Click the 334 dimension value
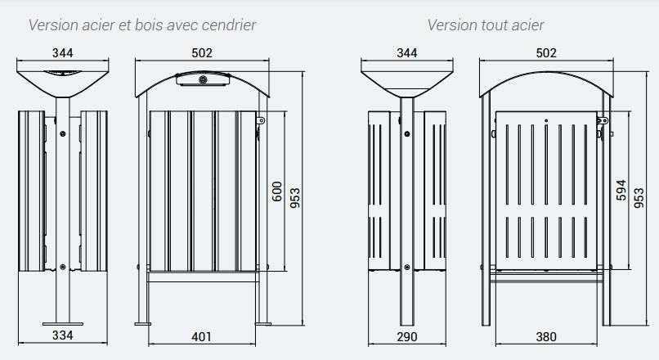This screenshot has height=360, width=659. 63,335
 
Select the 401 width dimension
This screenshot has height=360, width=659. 201,337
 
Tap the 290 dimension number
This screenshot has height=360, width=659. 407,337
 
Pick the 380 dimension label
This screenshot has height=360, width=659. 546,337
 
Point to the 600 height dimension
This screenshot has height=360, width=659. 277,191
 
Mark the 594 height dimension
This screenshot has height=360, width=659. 621,190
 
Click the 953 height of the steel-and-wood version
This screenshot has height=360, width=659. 295,198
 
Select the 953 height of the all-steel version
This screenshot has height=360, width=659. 639,198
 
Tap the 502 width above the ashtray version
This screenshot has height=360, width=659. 202,53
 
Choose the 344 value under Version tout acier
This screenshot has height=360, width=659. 407,53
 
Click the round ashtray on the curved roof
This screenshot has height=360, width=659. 203,79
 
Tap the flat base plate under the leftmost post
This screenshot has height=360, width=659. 63,324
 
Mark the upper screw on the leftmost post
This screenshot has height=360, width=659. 63,133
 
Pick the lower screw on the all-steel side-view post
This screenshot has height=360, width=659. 407,267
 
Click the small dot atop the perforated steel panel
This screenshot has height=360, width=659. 546,121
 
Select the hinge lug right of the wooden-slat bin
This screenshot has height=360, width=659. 261,121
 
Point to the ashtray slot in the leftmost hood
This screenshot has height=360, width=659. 63,73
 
